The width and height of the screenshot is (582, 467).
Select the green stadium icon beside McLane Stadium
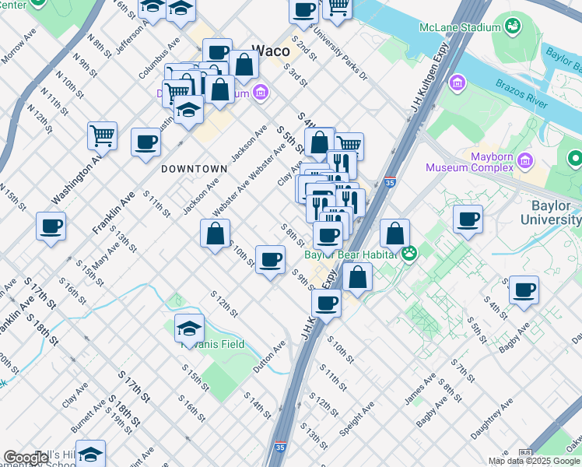point(512,27)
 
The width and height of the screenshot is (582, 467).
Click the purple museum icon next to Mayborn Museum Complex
point(528,161)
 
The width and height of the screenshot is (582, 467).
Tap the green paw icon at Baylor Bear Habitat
point(408,253)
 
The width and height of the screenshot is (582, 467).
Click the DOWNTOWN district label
point(194,169)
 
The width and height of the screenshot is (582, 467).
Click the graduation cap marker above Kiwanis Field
point(189,327)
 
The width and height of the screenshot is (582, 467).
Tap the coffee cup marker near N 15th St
point(51,226)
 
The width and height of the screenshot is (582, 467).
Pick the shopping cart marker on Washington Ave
point(103,135)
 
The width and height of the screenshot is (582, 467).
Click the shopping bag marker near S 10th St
point(215,233)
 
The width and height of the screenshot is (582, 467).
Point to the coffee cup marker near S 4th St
point(524,290)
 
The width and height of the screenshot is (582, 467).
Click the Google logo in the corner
point(25,458)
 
